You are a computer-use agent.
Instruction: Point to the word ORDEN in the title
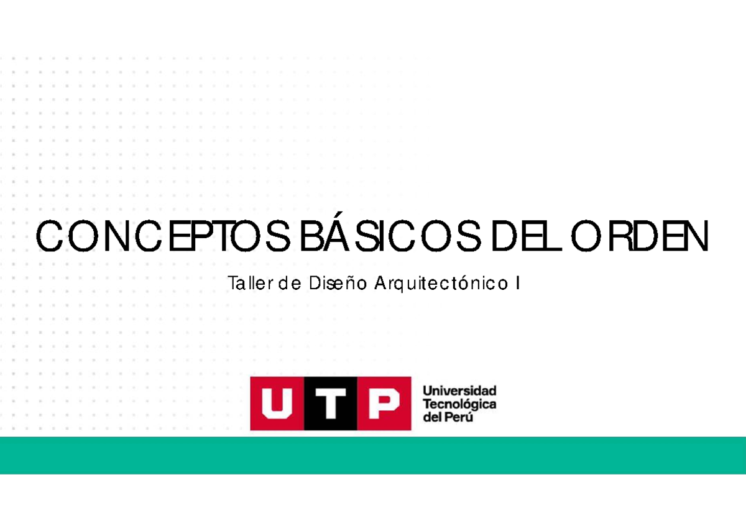(640, 237)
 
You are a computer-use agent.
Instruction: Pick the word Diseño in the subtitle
(336, 284)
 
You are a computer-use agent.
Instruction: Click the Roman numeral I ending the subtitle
(517, 284)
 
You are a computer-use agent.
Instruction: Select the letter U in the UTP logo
(277, 403)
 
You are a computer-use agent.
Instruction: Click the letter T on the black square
(331, 403)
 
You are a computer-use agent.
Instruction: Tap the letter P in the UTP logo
(384, 403)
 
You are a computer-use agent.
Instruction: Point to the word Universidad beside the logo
(459, 391)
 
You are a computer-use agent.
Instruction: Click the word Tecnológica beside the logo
(459, 404)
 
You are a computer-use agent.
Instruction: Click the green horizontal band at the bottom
(373, 455)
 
